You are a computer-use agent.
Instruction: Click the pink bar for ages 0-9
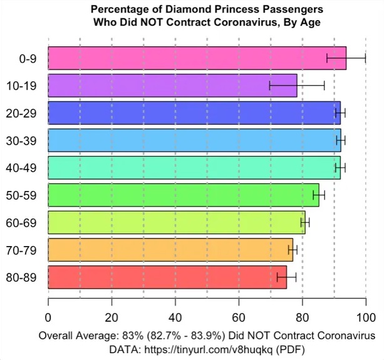188,58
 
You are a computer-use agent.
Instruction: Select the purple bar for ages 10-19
172,85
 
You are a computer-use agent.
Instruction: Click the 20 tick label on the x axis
112,316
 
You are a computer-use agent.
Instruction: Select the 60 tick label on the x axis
239,316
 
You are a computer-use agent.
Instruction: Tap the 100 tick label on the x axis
366,316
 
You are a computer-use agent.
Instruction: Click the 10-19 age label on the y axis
25,86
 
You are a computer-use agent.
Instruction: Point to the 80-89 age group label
25,277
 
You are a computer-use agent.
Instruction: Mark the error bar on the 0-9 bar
346,58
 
